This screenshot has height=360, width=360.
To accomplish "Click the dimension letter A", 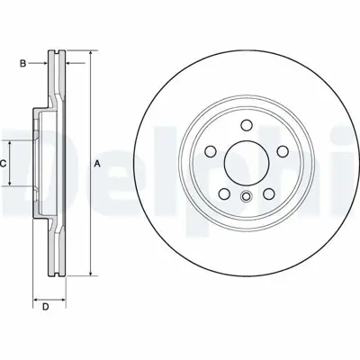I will pos(96,163).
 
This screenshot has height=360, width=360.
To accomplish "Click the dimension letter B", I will pos(23,64).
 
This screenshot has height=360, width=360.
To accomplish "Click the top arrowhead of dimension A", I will pos(90,55).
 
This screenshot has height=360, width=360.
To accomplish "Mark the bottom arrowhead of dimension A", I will pos(90,271).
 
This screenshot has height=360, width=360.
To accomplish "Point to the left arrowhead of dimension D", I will pos(35,299).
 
